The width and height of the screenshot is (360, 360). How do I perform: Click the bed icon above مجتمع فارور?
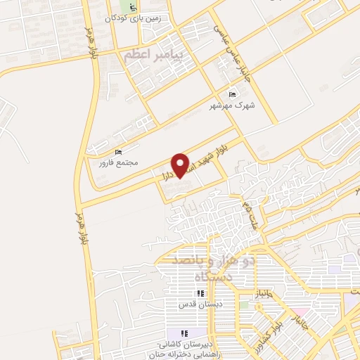pyautogui.click(x=117, y=152)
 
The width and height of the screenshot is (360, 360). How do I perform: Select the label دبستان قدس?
pyautogui.click(x=189, y=304)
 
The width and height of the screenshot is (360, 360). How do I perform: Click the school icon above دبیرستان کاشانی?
pyautogui.click(x=183, y=333)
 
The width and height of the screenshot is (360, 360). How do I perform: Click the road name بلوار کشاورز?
pyautogui.click(x=270, y=330)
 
